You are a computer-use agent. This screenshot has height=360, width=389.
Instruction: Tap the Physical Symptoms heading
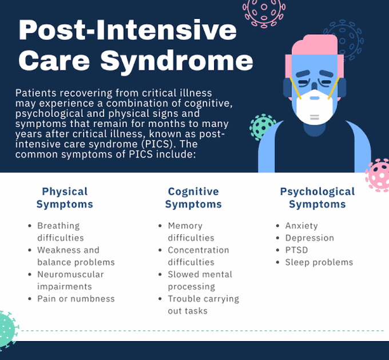(65, 197)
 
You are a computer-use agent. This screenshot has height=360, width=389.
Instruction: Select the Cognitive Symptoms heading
(193, 197)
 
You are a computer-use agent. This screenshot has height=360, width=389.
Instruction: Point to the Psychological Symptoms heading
(317, 197)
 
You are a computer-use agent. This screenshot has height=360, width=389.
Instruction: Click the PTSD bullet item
(297, 250)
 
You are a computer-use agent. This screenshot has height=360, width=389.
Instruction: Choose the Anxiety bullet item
(301, 226)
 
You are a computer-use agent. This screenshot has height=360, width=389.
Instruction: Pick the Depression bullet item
(309, 238)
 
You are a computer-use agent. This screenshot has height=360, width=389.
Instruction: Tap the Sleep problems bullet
(319, 262)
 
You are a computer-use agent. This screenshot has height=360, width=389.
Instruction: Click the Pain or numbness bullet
(76, 299)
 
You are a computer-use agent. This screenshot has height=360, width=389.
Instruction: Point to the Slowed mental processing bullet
(200, 280)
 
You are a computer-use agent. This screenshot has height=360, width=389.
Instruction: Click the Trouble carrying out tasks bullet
(203, 304)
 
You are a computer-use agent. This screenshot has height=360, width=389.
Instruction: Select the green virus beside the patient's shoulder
(262, 127)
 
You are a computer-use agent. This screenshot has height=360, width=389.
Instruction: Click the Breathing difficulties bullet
(61, 232)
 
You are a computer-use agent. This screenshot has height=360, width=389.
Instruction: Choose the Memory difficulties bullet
(191, 232)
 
